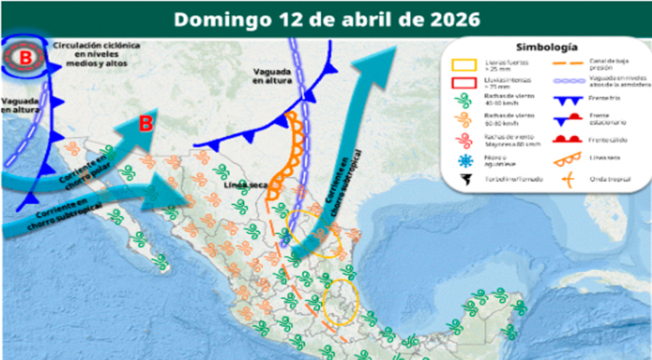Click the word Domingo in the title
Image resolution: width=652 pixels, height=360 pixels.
click(x=215, y=19)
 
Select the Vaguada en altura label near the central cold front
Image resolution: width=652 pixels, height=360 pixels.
click(x=273, y=76)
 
